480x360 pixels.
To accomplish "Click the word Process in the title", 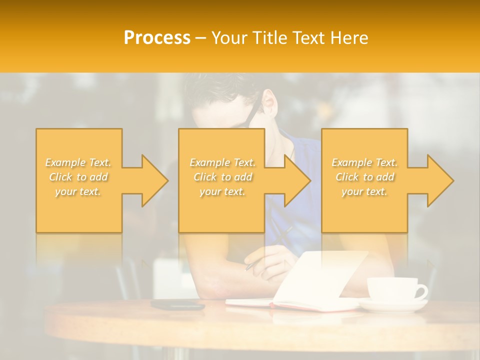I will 157,38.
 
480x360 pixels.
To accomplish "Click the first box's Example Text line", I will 78,162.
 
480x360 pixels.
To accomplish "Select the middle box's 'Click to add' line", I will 222,177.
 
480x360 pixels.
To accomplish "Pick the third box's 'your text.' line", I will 364,191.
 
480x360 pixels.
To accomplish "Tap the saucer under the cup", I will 392,305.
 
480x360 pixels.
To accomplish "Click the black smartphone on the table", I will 178,304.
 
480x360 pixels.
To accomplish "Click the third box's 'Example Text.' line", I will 364,162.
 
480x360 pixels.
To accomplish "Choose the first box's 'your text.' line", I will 78,191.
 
